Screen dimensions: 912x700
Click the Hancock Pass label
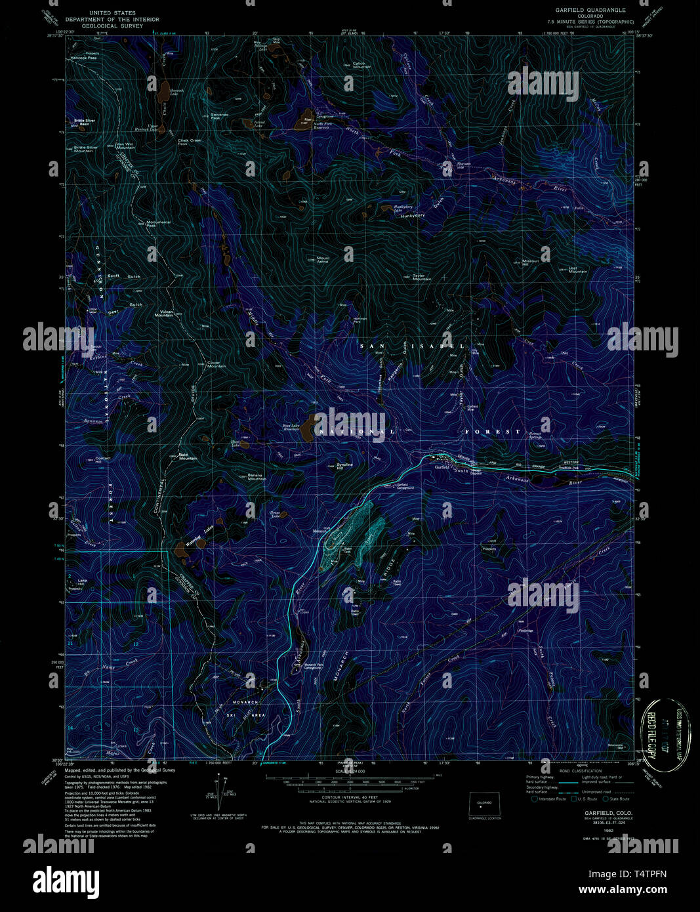point(84,58)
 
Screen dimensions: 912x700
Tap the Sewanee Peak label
point(220,116)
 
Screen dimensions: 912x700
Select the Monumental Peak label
point(159,223)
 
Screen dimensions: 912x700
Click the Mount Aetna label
point(323,260)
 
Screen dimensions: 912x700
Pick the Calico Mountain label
point(362,65)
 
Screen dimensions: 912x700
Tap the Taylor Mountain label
point(422,278)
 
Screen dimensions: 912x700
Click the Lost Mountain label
point(578,269)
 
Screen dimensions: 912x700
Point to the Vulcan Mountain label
point(164,314)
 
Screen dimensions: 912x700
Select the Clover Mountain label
point(216,365)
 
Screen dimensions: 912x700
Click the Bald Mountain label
point(188,457)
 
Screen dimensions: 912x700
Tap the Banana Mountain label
point(257,477)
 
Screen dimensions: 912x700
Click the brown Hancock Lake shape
point(161,89)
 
